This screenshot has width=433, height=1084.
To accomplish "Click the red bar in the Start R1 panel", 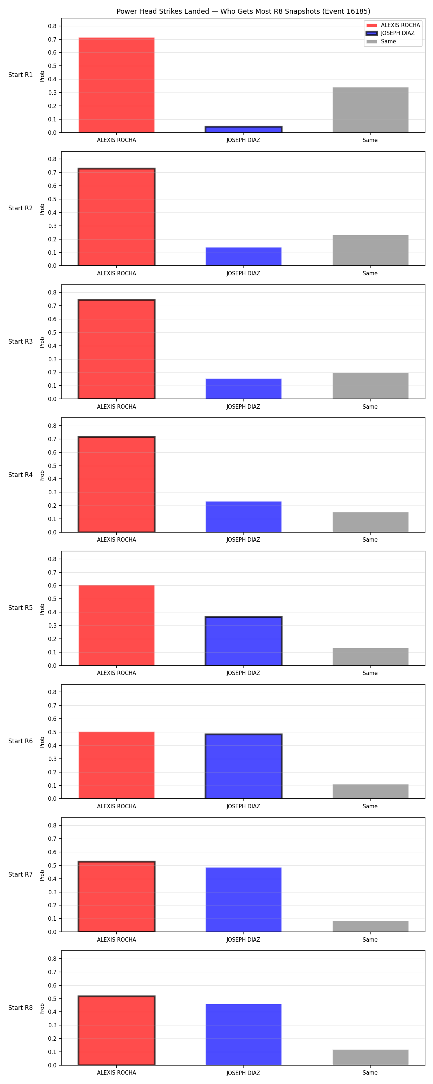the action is pyautogui.click(x=117, y=85).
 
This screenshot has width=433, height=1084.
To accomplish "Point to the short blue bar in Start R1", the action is pyautogui.click(x=244, y=129).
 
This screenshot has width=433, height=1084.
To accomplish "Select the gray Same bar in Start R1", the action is pyautogui.click(x=370, y=110).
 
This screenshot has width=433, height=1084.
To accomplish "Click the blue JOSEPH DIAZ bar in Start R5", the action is pyautogui.click(x=244, y=641).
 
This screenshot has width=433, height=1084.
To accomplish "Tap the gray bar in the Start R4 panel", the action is pyautogui.click(x=370, y=522).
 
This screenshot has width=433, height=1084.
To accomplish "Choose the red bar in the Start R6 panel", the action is pyautogui.click(x=117, y=765).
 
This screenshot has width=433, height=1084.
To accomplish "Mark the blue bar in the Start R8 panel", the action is pyautogui.click(x=244, y=1035).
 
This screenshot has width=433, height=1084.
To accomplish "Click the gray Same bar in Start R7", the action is pyautogui.click(x=370, y=926).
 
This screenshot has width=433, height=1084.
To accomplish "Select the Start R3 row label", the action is pyautogui.click(x=21, y=341).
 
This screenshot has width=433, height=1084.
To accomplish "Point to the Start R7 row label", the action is pyautogui.click(x=21, y=874).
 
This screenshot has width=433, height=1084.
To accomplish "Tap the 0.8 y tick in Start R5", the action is pyautogui.click(x=52, y=559).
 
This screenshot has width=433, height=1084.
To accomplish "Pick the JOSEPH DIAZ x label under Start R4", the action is pyautogui.click(x=244, y=539).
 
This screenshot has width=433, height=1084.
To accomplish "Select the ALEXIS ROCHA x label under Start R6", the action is pyautogui.click(x=117, y=806).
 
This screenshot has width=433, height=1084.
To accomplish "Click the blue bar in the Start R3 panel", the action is pyautogui.click(x=244, y=389).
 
